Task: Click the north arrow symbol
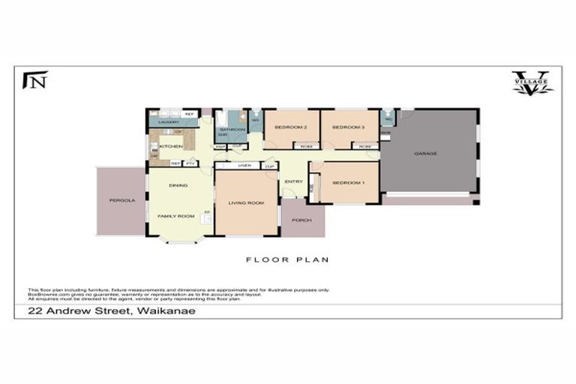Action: (35, 79)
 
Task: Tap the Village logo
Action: (532, 83)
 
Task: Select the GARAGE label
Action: (425, 154)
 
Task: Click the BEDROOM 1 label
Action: (348, 183)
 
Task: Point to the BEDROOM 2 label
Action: (290, 127)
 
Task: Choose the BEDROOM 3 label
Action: (348, 127)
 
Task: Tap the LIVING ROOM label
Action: (247, 202)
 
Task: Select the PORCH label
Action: (302, 220)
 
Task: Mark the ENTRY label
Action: (293, 181)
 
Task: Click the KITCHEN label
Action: (171, 146)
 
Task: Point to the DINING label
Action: (178, 185)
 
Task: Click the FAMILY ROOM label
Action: (175, 216)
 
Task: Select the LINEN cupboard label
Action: (243, 166)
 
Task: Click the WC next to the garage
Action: (388, 119)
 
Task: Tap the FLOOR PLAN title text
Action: (287, 259)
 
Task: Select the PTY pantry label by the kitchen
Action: (190, 163)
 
